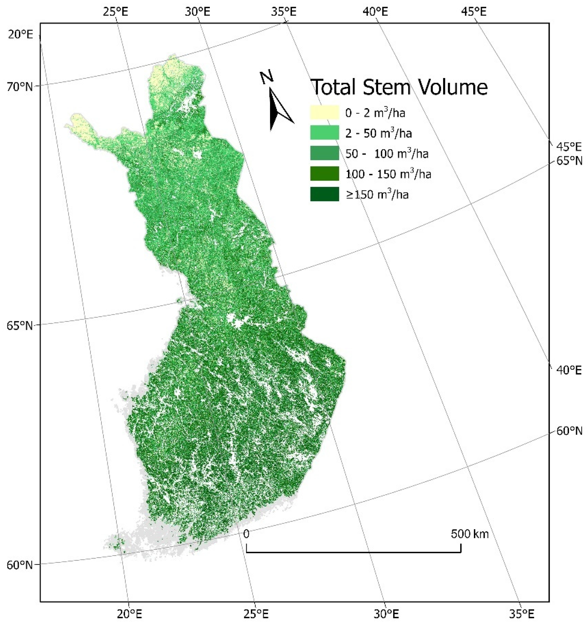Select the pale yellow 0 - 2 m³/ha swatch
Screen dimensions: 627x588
324,113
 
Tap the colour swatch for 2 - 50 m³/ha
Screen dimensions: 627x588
324,133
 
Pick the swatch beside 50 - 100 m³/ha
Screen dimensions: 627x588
324,153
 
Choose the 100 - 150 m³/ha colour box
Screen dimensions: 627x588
324,174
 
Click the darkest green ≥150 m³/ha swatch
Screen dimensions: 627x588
324,194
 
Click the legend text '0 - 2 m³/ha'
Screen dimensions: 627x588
375,113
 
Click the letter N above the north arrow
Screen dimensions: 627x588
266,77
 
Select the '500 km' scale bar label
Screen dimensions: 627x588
469,534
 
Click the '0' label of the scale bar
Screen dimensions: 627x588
246,534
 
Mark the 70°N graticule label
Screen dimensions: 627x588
20,86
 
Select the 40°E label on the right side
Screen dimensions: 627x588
569,370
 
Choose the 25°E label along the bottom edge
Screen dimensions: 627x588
256,614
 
